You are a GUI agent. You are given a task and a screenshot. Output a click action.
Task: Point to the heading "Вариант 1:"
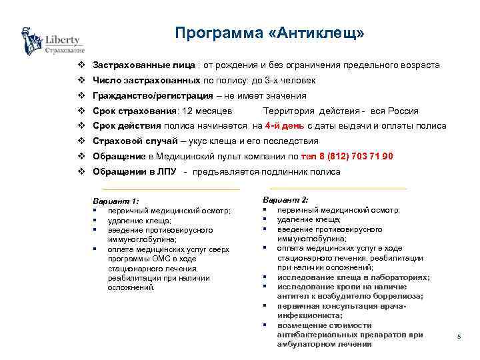coord(117,201)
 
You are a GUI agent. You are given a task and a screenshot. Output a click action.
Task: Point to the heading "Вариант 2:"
coord(285,200)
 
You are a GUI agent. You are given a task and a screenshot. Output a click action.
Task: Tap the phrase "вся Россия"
coord(395,111)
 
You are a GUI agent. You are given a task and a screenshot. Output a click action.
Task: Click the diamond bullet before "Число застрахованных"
coord(81,81)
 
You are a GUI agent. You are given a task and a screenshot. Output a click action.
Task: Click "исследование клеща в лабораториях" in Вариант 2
coord(353,277)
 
